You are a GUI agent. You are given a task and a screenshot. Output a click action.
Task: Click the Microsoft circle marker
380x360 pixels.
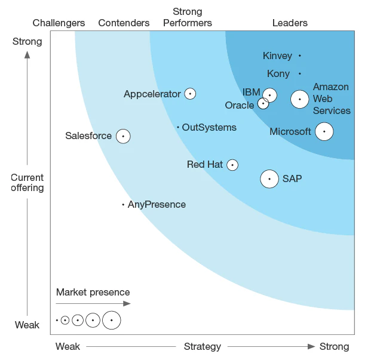pyautogui.click(x=324, y=131)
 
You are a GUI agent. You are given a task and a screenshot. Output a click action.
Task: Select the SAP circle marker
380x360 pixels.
pyautogui.click(x=269, y=179)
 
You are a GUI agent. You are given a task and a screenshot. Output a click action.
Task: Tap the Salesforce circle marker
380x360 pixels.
pyautogui.click(x=123, y=136)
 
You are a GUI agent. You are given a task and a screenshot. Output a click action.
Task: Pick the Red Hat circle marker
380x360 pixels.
pyautogui.click(x=232, y=165)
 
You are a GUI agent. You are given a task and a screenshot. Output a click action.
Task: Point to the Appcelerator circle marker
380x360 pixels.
pyautogui.click(x=190, y=94)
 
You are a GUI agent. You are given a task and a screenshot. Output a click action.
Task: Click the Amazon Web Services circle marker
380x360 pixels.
pyautogui.click(x=299, y=99)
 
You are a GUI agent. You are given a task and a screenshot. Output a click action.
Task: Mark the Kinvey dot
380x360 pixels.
pyautogui.click(x=300, y=56)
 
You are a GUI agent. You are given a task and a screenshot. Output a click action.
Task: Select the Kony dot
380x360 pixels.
pyautogui.click(x=300, y=74)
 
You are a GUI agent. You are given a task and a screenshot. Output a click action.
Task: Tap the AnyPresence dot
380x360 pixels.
pyautogui.click(x=123, y=205)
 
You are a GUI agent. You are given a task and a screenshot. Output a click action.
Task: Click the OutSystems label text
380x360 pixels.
pyautogui.click(x=209, y=127)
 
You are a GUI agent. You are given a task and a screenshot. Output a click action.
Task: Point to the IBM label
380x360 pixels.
pyautogui.click(x=251, y=92)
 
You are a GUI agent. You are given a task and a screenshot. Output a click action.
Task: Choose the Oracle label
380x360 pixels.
pyautogui.click(x=240, y=106)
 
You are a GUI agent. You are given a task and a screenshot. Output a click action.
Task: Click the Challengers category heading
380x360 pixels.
pyautogui.click(x=59, y=23)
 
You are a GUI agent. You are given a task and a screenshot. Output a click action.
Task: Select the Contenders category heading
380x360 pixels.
pyautogui.click(x=124, y=23)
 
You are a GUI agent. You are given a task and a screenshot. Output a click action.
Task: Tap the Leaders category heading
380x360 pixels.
pyautogui.click(x=290, y=23)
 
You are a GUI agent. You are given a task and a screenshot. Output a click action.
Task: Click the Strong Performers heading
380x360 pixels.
pyautogui.click(x=188, y=17)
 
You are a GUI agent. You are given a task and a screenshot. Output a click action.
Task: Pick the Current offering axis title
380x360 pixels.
pyautogui.click(x=27, y=183)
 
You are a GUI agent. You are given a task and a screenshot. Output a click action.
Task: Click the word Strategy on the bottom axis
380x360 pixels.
pyautogui.click(x=203, y=347)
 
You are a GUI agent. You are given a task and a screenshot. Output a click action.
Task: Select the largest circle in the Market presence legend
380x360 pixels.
pyautogui.click(x=112, y=320)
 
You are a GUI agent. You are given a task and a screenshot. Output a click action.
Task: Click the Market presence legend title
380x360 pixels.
pyautogui.click(x=93, y=293)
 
